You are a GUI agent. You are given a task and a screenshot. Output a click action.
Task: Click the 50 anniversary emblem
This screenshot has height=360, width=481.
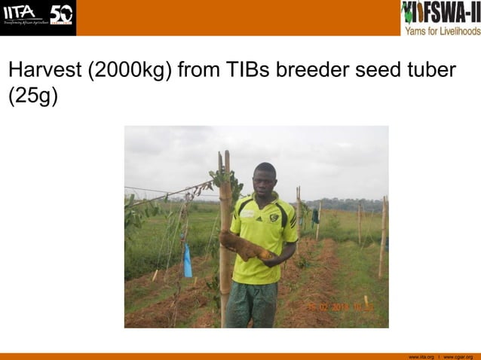(x=61, y=14)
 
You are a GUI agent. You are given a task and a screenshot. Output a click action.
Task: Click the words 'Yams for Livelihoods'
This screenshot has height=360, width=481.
(x=442, y=31)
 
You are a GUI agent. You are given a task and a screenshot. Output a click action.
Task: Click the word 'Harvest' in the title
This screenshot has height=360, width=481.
(x=44, y=71)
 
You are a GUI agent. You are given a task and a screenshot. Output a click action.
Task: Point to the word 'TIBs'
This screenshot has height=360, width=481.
(x=247, y=71)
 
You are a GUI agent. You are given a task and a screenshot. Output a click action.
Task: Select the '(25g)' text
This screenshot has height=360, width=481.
(x=32, y=97)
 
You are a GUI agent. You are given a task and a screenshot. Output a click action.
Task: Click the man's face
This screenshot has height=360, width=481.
(x=265, y=180)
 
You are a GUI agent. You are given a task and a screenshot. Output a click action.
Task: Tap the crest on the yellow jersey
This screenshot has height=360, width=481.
(x=274, y=218)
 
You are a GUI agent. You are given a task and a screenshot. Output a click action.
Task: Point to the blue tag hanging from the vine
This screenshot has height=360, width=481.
(x=187, y=261)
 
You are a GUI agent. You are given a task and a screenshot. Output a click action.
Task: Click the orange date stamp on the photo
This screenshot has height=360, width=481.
(x=340, y=307)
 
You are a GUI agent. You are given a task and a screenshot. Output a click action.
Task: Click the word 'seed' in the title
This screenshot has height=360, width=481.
(x=374, y=71)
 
